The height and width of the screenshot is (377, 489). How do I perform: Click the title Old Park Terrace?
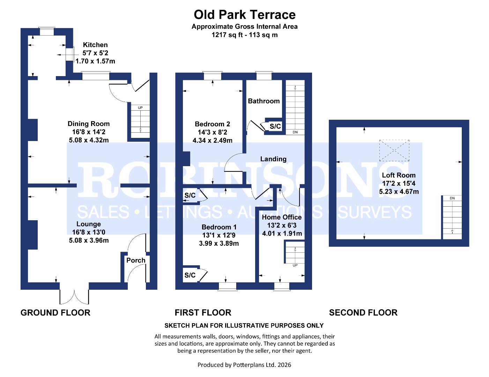click(244, 15)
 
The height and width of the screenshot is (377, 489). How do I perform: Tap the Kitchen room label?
click(95, 45)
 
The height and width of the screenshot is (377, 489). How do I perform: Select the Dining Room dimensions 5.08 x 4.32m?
click(89, 140)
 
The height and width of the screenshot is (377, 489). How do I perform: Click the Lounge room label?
click(89, 224)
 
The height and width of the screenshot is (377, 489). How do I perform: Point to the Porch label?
click(136, 260)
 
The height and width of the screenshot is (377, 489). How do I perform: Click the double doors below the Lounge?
click(74, 296)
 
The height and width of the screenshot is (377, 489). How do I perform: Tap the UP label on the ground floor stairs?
click(140, 108)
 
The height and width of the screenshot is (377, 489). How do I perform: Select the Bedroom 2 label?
click(212, 124)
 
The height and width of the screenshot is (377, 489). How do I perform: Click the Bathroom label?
click(264, 101)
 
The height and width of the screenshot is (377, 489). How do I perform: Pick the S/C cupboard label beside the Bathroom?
click(275, 126)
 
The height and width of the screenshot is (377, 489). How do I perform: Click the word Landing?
click(273, 159)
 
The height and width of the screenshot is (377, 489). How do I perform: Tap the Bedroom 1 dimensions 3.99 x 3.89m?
click(219, 243)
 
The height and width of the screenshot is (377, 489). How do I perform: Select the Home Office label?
click(282, 217)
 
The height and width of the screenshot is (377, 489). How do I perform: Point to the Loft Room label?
click(399, 175)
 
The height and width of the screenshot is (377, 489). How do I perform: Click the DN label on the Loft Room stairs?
click(452, 198)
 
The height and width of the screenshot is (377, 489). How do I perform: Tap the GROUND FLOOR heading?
click(55, 312)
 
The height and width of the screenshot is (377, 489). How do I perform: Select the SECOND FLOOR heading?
click(363, 312)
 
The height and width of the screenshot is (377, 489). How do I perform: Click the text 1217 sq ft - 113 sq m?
click(244, 35)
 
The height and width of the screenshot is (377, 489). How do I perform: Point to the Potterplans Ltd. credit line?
click(244, 365)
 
